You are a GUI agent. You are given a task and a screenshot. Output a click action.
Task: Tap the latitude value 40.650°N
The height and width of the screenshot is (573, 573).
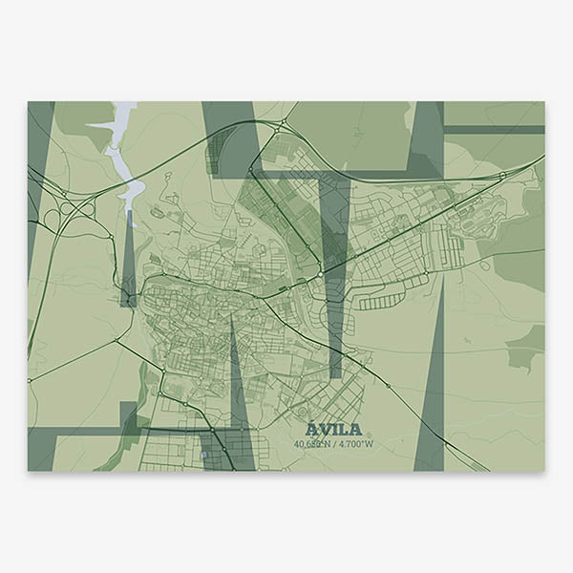click(x=315, y=443)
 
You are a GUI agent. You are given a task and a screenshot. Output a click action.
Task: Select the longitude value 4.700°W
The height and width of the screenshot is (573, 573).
click(x=355, y=443)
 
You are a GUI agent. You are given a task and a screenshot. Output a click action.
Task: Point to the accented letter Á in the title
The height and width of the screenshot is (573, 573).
click(x=312, y=429)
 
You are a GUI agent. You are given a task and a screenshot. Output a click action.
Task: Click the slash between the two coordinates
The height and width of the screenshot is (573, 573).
click(x=336, y=443)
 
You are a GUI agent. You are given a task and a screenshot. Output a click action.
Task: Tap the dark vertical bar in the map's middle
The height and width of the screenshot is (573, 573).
click(x=334, y=277)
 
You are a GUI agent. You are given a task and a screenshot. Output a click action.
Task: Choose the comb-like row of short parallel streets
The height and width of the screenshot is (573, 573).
click(x=381, y=302)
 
